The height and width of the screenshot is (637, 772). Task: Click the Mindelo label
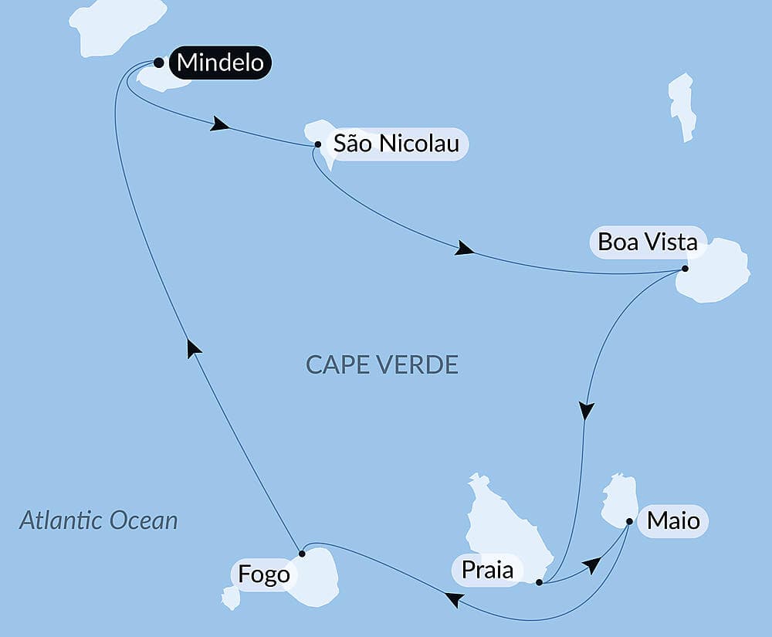click(x=221, y=63)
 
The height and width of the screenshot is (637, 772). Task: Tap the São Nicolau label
click(x=396, y=144)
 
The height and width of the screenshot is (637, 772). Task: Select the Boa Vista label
click(x=648, y=242)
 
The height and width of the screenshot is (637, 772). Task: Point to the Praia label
click(x=487, y=571)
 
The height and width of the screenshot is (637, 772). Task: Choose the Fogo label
click(x=264, y=575)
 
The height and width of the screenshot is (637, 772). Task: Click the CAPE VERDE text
click(x=382, y=364)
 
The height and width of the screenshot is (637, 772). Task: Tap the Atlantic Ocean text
click(x=98, y=520)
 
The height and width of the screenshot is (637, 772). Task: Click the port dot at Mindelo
click(x=158, y=63)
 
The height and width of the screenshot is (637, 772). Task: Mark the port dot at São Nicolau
click(x=318, y=144)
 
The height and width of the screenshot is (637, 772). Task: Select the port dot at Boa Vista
click(x=685, y=269)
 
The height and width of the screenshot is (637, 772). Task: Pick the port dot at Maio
click(x=629, y=522)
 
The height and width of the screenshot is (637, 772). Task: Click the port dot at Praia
click(x=539, y=583)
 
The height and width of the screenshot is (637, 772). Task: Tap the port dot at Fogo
click(x=302, y=553)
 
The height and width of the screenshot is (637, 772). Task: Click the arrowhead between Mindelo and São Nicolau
click(x=220, y=124)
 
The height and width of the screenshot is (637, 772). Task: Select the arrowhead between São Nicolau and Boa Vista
click(x=464, y=249)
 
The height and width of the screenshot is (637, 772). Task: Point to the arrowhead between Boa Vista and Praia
click(x=587, y=411)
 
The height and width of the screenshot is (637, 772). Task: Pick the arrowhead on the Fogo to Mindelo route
click(x=195, y=349)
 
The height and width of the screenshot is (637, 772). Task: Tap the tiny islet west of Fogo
click(x=229, y=597)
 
